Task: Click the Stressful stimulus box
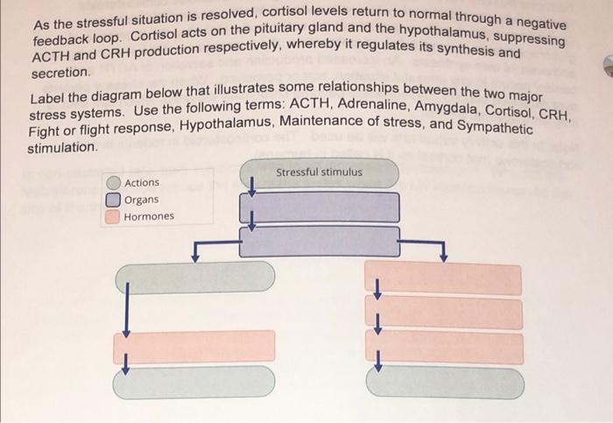point(319,173)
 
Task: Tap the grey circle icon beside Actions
point(114,183)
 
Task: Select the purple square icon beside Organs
point(114,200)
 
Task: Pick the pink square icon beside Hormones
point(114,216)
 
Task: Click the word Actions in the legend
point(142,183)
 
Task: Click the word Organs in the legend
point(142,200)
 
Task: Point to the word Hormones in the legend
point(149,216)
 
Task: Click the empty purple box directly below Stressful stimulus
point(319,208)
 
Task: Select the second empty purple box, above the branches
point(319,241)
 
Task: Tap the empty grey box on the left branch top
point(195,277)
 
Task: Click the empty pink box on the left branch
point(195,347)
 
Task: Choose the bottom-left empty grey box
point(195,382)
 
